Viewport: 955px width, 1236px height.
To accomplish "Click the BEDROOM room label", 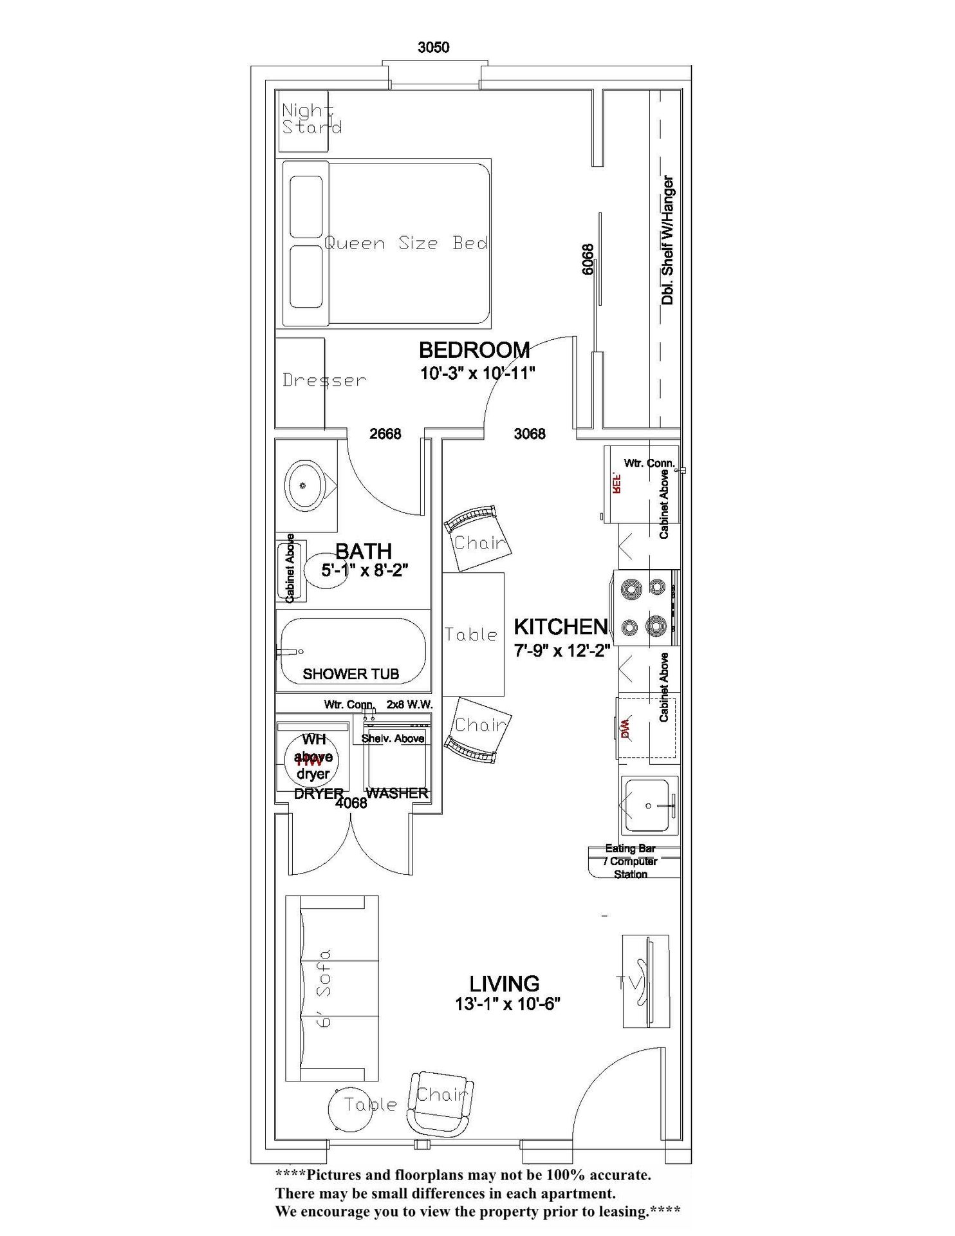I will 474,350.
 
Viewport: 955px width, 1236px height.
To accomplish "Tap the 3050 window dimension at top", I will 433,48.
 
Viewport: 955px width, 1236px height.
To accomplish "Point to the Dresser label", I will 324,380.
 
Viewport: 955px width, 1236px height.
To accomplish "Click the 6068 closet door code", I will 588,259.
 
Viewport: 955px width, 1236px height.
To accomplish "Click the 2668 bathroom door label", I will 385,434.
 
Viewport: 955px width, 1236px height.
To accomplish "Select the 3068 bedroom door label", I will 530,434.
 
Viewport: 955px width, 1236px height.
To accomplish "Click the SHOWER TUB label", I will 351,674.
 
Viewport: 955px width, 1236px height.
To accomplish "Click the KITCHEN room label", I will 561,626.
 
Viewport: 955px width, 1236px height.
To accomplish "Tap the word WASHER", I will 397,793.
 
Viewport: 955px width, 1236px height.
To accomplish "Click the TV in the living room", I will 645,982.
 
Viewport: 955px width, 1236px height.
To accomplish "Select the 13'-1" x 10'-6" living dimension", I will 508,1004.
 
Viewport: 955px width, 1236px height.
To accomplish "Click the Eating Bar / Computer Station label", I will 630,861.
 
